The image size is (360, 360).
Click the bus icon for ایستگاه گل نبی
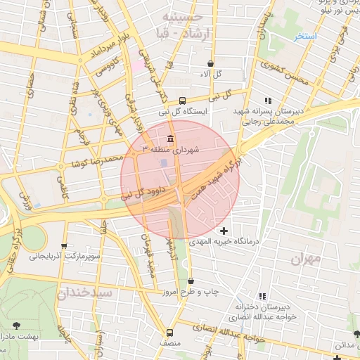[183, 100]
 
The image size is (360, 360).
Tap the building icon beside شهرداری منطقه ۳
[170, 138]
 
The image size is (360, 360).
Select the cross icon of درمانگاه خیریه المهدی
[224, 231]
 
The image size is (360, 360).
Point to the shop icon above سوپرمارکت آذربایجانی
[65, 246]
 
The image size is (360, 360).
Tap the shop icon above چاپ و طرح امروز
[191, 281]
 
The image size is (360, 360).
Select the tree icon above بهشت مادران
[16, 325]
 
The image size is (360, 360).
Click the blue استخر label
[306, 35]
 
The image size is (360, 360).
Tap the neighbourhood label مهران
[304, 259]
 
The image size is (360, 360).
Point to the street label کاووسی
[110, 67]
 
